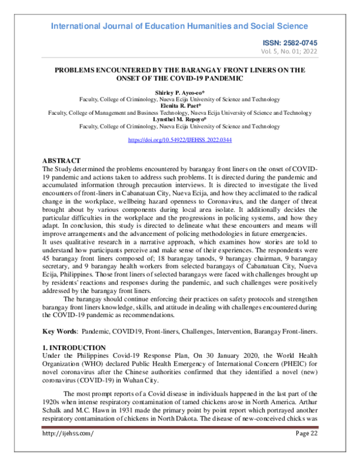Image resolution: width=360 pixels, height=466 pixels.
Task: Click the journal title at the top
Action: [180, 26]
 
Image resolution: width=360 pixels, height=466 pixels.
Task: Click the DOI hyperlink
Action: [180, 140]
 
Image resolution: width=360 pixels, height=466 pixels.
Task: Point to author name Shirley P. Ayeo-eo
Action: [179, 92]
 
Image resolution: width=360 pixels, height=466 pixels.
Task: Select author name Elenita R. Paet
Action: [179, 106]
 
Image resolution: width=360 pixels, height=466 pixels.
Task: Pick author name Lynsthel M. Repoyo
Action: [179, 120]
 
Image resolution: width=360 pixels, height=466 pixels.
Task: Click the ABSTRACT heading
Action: [61, 162]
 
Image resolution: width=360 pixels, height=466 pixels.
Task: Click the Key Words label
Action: [59, 331]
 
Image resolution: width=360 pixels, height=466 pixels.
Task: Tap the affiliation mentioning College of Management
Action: [179, 112]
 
